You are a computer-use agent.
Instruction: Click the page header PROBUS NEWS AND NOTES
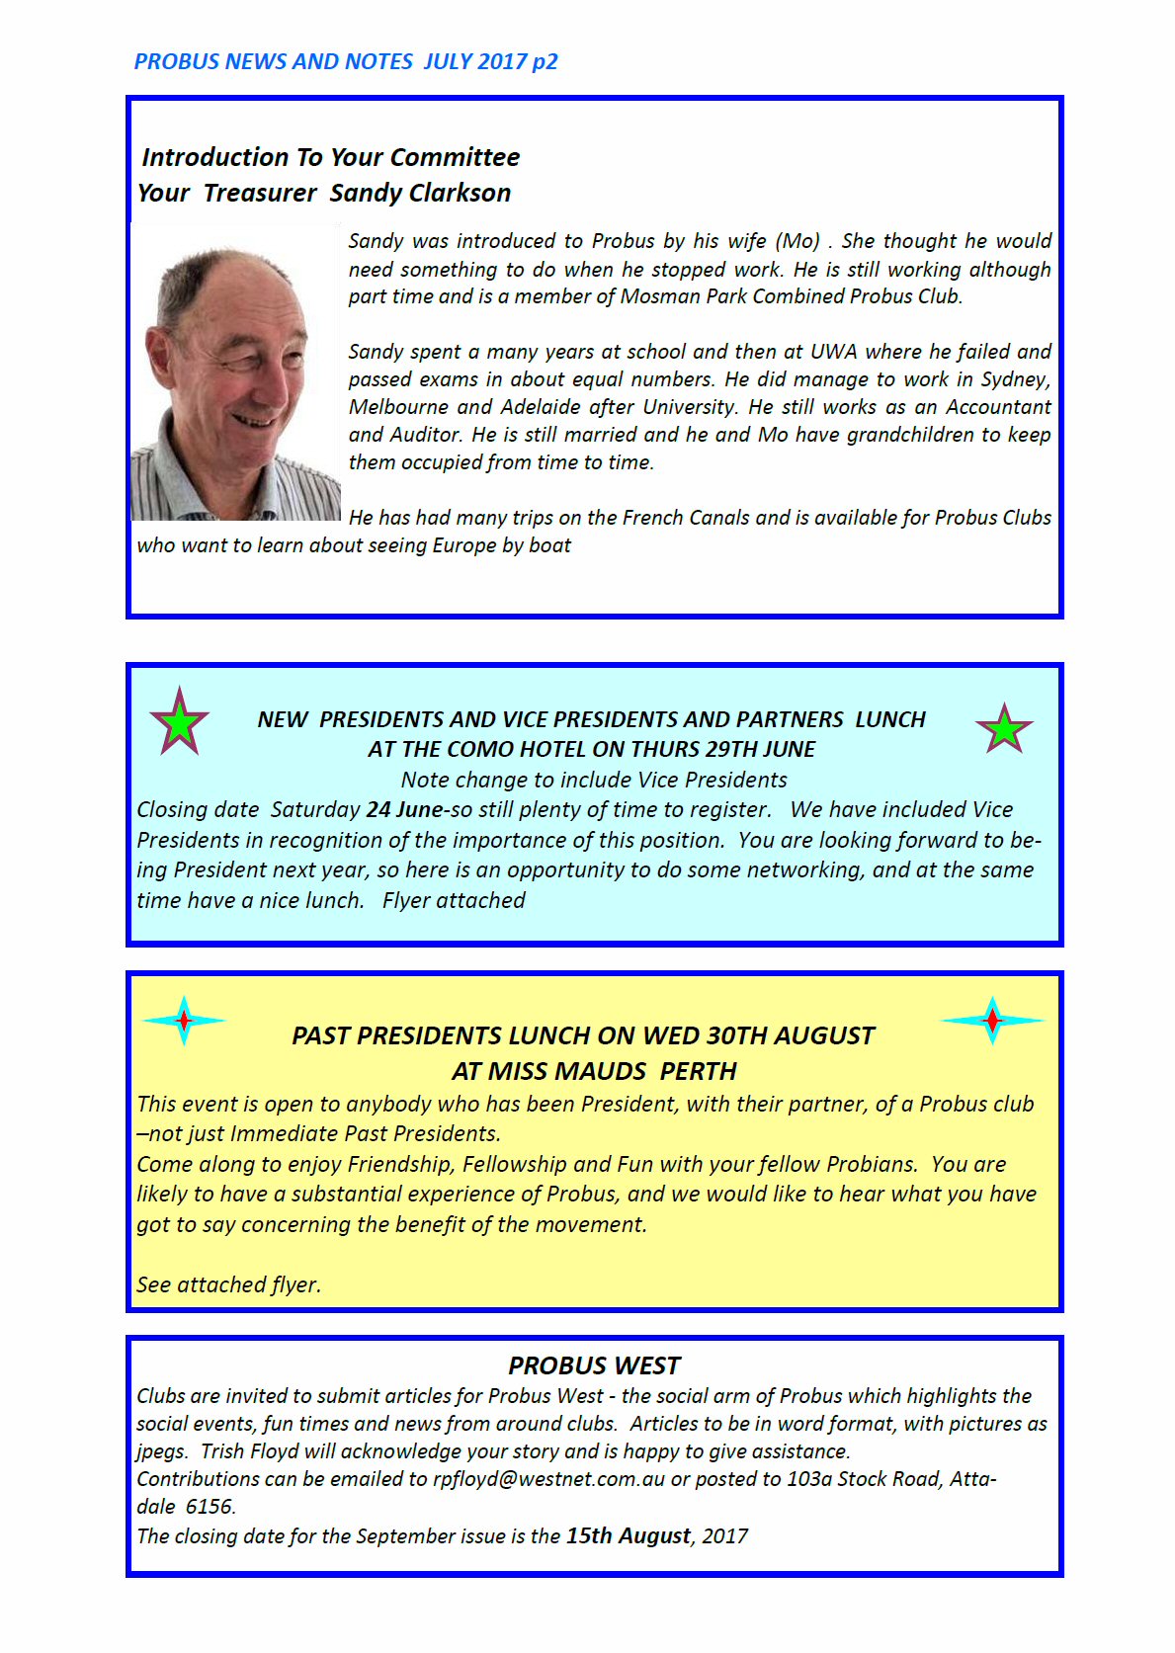(274, 61)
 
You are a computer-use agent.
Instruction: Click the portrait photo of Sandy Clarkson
(235, 372)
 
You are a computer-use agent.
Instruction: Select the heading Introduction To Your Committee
(330, 157)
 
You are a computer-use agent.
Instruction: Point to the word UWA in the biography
(834, 352)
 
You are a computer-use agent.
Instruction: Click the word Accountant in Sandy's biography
(998, 407)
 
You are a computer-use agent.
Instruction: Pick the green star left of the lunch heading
(179, 723)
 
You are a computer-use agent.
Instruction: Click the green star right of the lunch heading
(1003, 729)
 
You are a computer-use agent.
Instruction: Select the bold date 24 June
(404, 810)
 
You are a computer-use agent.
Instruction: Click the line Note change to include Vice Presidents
(594, 780)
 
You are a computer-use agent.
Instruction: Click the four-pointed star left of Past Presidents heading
(184, 1020)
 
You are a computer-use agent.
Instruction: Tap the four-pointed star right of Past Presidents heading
(992, 1020)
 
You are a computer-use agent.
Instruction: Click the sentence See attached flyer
(229, 1284)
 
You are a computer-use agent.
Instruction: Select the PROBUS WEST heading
(594, 1365)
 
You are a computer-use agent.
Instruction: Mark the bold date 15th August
(628, 1536)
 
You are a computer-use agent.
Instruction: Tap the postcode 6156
(210, 1507)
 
